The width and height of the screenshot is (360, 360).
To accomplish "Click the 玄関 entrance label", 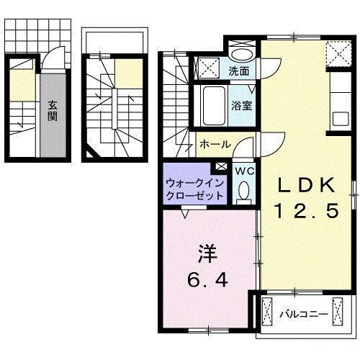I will pyautogui.click(x=53, y=112).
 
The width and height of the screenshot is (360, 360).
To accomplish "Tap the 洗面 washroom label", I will pyautogui.click(x=240, y=71).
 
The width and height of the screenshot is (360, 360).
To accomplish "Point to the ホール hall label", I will pyautogui.click(x=215, y=143).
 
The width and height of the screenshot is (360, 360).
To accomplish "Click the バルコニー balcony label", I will pyautogui.click(x=305, y=315).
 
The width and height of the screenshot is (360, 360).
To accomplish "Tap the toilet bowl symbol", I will pyautogui.click(x=243, y=190).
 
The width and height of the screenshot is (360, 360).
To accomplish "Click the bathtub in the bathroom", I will pyautogui.click(x=214, y=105).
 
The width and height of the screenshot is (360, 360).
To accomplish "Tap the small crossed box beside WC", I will pyautogui.click(x=221, y=167).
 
